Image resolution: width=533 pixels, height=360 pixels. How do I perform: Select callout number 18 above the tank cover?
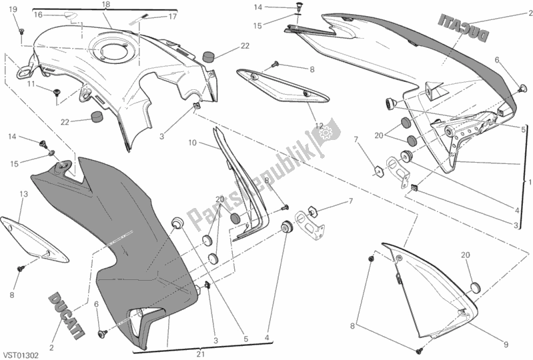pos(106,5)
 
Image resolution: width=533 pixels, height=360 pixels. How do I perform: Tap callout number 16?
pos(38,14)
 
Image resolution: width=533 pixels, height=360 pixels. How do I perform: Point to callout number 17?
pos(171,16)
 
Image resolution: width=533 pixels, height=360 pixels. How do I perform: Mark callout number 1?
pos(529,182)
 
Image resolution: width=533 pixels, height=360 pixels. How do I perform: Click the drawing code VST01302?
pos(23,356)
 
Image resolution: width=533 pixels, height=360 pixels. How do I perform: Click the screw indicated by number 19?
pos(21,31)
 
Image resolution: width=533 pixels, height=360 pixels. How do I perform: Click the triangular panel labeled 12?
pos(284,83)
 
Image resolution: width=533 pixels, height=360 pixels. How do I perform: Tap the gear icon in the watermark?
pos(326,133)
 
